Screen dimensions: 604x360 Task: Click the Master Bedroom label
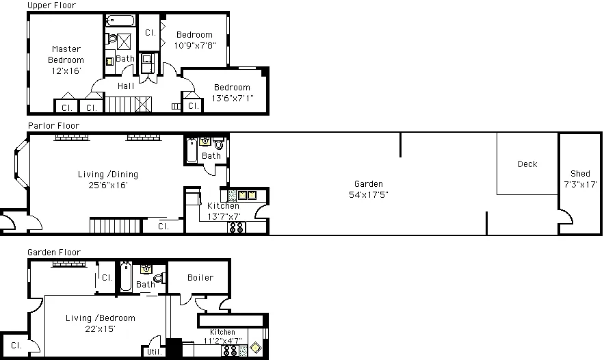(66, 54)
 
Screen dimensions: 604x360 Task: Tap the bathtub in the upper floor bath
(120, 20)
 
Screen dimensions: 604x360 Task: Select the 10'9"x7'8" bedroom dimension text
(194, 45)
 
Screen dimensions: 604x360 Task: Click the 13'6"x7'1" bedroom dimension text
(233, 99)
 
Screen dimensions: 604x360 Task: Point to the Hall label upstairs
(126, 86)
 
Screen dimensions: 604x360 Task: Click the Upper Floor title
(51, 5)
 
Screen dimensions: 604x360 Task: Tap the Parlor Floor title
(53, 126)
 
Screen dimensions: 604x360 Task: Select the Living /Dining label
(108, 175)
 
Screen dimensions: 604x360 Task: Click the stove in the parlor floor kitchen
(237, 227)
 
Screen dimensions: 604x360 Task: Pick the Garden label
(369, 184)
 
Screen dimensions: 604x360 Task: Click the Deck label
(527, 164)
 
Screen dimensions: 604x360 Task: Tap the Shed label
(580, 173)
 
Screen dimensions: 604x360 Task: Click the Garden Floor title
(54, 253)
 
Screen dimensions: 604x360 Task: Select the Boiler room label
(200, 277)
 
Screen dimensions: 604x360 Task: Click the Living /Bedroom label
(100, 318)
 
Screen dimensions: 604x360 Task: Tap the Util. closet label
(155, 352)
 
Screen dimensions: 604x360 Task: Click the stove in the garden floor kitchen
(230, 350)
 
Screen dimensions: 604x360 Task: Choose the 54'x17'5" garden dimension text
(369, 194)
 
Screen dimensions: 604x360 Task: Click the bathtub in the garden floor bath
(126, 277)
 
